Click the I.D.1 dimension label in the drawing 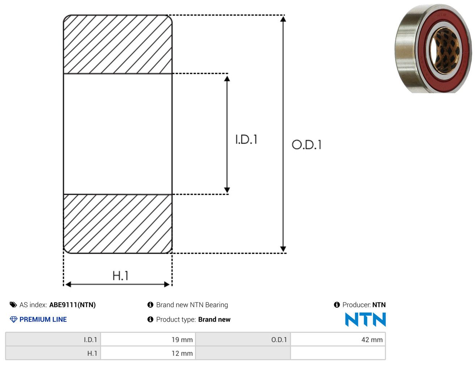click(246, 139)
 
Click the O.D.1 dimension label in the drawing click(307, 144)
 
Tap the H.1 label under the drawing click(120, 275)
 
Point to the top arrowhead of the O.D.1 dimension click(283, 19)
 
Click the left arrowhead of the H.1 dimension click(68, 284)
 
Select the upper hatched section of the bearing click(118, 44)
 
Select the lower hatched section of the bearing click(118, 224)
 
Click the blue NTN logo click(365, 319)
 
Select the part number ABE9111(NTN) click(72, 305)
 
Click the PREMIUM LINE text click(43, 319)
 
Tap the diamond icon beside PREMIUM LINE click(14, 319)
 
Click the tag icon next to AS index click(13, 305)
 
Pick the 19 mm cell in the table click(148, 339)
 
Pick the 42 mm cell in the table click(338, 339)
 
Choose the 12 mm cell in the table click(148, 353)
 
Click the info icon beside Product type click(150, 319)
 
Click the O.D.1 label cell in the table click(243, 339)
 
